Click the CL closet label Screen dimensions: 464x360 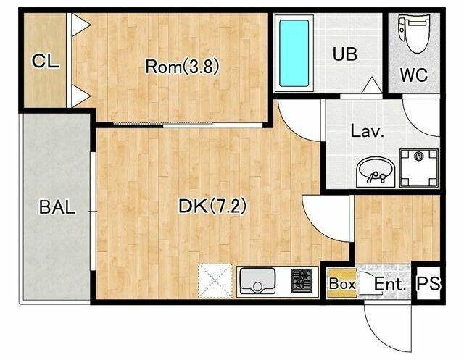pyautogui.click(x=45, y=62)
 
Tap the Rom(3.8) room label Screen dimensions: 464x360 pyautogui.click(x=182, y=66)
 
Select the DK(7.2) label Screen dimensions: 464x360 pyautogui.click(x=212, y=206)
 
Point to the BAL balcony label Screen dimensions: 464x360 pyautogui.click(x=57, y=207)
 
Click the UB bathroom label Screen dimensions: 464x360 pyautogui.click(x=345, y=54)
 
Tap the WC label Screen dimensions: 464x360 pyautogui.click(x=414, y=75)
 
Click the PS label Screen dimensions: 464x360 pyautogui.click(x=428, y=283)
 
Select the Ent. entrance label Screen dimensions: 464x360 pyautogui.click(x=390, y=284)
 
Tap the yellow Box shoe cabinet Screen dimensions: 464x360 pyautogui.click(x=341, y=283)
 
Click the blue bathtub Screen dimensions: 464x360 pyautogui.click(x=294, y=53)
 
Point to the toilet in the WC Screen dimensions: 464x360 pyautogui.click(x=414, y=34)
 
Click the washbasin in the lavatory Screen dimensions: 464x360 pyautogui.click(x=376, y=172)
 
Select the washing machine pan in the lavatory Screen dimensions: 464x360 pyautogui.click(x=419, y=168)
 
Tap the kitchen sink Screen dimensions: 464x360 pyautogui.click(x=257, y=280)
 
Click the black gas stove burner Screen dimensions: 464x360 pyautogui.click(x=302, y=280)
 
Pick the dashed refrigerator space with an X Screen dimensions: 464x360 pyautogui.click(x=215, y=280)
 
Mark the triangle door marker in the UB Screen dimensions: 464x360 pyautogui.click(x=372, y=85)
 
